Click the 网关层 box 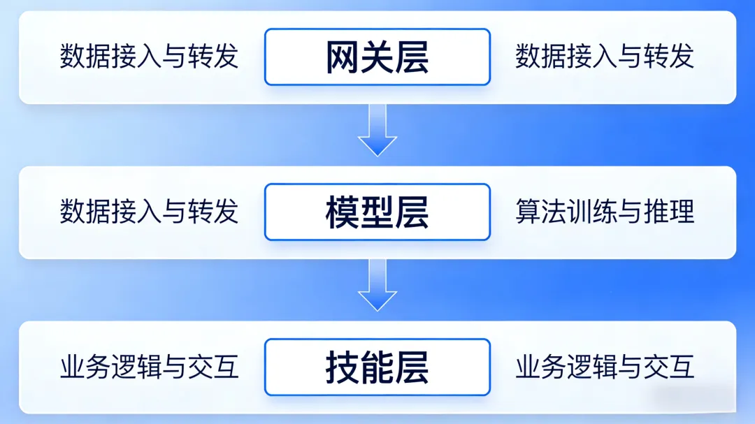[x=377, y=57]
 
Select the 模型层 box [x=377, y=212]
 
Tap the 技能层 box [x=377, y=367]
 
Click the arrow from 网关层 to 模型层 [x=377, y=130]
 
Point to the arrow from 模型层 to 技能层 [x=377, y=285]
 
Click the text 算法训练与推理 [x=605, y=212]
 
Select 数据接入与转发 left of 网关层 [x=149, y=57]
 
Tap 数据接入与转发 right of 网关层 [x=605, y=57]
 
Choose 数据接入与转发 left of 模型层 [x=149, y=212]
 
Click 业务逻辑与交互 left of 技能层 [x=149, y=367]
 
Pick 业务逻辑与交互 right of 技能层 [x=605, y=367]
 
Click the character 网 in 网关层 [x=343, y=57]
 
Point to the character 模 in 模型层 [x=343, y=212]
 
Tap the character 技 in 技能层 [x=343, y=367]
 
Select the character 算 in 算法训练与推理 [x=528, y=212]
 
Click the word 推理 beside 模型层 [x=669, y=212]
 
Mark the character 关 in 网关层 [x=377, y=57]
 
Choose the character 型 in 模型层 [x=377, y=212]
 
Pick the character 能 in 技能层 [x=377, y=367]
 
